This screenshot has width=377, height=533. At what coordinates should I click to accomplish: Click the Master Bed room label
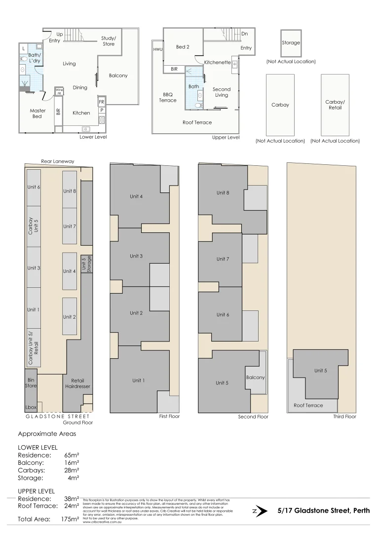pyautogui.click(x=38, y=114)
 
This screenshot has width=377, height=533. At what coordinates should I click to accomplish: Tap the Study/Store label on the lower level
pyautogui.click(x=109, y=41)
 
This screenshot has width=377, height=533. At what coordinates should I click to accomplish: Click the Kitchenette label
pyautogui.click(x=217, y=63)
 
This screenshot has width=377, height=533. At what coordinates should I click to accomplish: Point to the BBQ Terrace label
pyautogui.click(x=167, y=97)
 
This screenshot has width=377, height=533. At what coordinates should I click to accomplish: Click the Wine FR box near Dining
pyautogui.click(x=59, y=91)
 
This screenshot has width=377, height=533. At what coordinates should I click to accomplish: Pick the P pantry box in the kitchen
pyautogui.click(x=101, y=111)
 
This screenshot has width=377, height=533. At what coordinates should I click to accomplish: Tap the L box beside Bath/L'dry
pyautogui.click(x=23, y=48)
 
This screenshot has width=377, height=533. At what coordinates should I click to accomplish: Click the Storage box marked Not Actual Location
pyautogui.click(x=291, y=43)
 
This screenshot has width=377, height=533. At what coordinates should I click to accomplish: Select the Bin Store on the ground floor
pyautogui.click(x=31, y=382)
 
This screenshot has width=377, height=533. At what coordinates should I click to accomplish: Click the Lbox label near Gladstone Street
pyautogui.click(x=31, y=408)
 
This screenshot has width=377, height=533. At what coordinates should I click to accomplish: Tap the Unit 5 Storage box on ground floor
pyautogui.click(x=86, y=264)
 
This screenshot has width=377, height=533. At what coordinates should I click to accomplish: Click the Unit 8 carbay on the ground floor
pyautogui.click(x=70, y=191)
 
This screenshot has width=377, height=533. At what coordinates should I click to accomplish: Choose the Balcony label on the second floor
pyautogui.click(x=255, y=378)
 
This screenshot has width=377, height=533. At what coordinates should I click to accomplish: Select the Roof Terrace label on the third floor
pyautogui.click(x=308, y=406)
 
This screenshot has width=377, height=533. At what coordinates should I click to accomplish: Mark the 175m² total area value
pyautogui.click(x=69, y=519)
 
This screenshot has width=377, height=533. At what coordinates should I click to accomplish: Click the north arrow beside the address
pyautogui.click(x=262, y=511)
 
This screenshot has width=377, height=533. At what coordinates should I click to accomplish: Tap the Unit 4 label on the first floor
pyautogui.click(x=136, y=196)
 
